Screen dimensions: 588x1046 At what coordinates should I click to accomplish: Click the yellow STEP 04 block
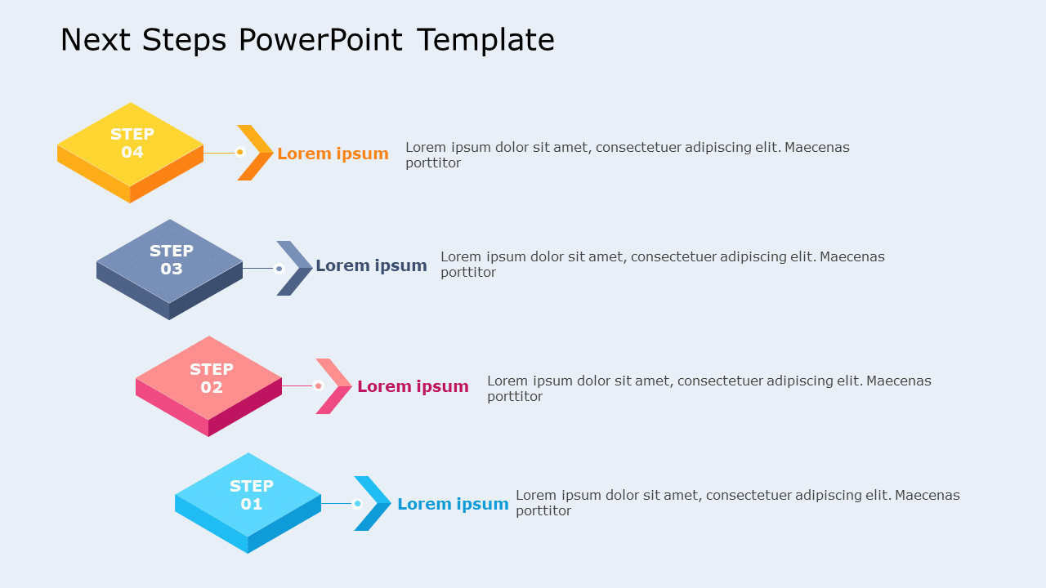(x=131, y=147)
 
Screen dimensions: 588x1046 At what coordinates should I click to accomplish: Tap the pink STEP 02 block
(x=209, y=380)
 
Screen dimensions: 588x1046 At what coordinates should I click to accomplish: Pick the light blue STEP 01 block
(x=248, y=497)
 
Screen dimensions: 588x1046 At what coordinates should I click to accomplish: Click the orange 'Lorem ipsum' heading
(x=333, y=154)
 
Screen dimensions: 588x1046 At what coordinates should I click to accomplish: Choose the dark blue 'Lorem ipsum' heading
(x=371, y=265)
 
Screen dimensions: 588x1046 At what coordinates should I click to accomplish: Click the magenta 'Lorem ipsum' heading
(x=413, y=386)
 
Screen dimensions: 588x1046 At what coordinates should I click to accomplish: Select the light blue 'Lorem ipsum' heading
(x=453, y=504)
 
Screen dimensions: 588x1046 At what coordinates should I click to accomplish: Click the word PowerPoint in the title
(x=320, y=39)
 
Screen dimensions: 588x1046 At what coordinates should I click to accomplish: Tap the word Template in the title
(x=485, y=39)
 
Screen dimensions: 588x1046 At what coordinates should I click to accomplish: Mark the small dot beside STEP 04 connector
(x=240, y=152)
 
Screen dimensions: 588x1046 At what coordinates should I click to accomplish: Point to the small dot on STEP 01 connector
(x=357, y=504)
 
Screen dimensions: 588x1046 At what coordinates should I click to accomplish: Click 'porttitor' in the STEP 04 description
(x=433, y=163)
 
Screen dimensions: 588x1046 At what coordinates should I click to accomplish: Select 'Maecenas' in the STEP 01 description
(x=928, y=495)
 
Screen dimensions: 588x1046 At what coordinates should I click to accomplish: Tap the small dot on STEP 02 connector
(x=318, y=385)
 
